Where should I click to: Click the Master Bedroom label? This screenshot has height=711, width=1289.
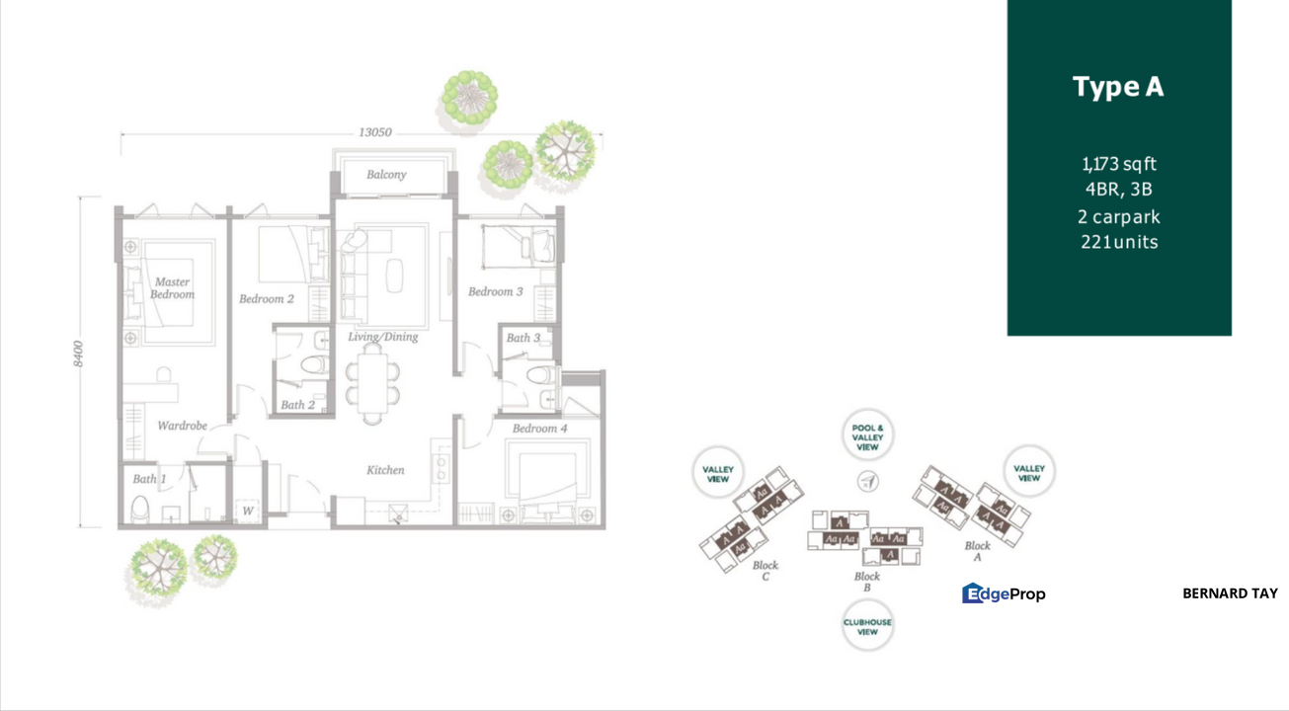[x=172, y=287]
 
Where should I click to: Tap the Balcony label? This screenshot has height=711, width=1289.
[x=386, y=175]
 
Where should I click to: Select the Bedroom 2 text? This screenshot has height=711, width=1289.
[x=267, y=298]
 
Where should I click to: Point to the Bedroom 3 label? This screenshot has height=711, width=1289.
[x=496, y=291]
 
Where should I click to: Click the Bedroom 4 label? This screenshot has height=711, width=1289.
[x=540, y=429]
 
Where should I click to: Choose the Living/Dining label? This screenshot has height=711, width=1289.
[x=382, y=337]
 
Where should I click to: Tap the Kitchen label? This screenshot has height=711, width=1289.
[x=385, y=470]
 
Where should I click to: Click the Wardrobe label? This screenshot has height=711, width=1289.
[x=183, y=426]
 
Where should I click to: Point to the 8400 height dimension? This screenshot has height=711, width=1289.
[x=79, y=354]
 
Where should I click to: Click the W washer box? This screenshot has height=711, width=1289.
[x=247, y=511]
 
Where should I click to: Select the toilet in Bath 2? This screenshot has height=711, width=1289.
[x=315, y=365]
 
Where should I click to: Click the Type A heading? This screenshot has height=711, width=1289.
[x=1118, y=87]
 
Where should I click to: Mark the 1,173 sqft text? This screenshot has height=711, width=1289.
[x=1118, y=164]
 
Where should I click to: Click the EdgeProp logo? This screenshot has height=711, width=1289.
[x=1004, y=593]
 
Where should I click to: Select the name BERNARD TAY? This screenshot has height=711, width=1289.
[x=1230, y=593]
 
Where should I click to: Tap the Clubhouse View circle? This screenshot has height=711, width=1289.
[x=867, y=626]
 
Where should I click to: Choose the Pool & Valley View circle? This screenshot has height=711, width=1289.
[x=867, y=438]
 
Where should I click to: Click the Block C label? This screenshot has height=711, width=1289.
[x=765, y=571]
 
